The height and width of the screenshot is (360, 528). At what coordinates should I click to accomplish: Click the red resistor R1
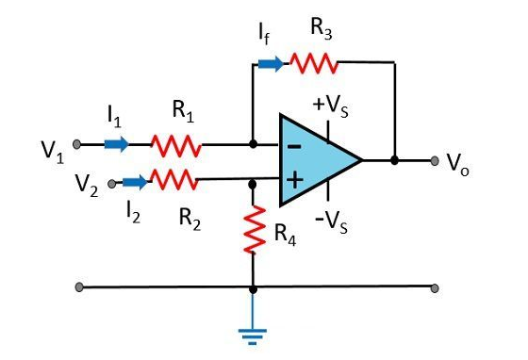click(177, 145)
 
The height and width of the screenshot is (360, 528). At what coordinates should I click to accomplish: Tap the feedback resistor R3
click(313, 63)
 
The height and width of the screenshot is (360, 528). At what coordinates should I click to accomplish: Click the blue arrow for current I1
click(117, 145)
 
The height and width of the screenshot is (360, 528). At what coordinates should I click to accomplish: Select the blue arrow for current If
click(270, 64)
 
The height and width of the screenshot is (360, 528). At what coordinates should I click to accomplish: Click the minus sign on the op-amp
click(294, 147)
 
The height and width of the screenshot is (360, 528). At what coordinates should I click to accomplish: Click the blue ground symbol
click(253, 330)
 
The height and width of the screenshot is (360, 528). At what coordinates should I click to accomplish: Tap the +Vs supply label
click(333, 102)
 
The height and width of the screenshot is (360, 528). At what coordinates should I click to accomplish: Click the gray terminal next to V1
click(79, 145)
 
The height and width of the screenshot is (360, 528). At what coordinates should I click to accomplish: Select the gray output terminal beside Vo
click(435, 160)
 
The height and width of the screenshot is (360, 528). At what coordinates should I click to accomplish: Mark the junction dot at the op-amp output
click(394, 160)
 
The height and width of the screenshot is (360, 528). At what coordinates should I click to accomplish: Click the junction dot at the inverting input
click(253, 145)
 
